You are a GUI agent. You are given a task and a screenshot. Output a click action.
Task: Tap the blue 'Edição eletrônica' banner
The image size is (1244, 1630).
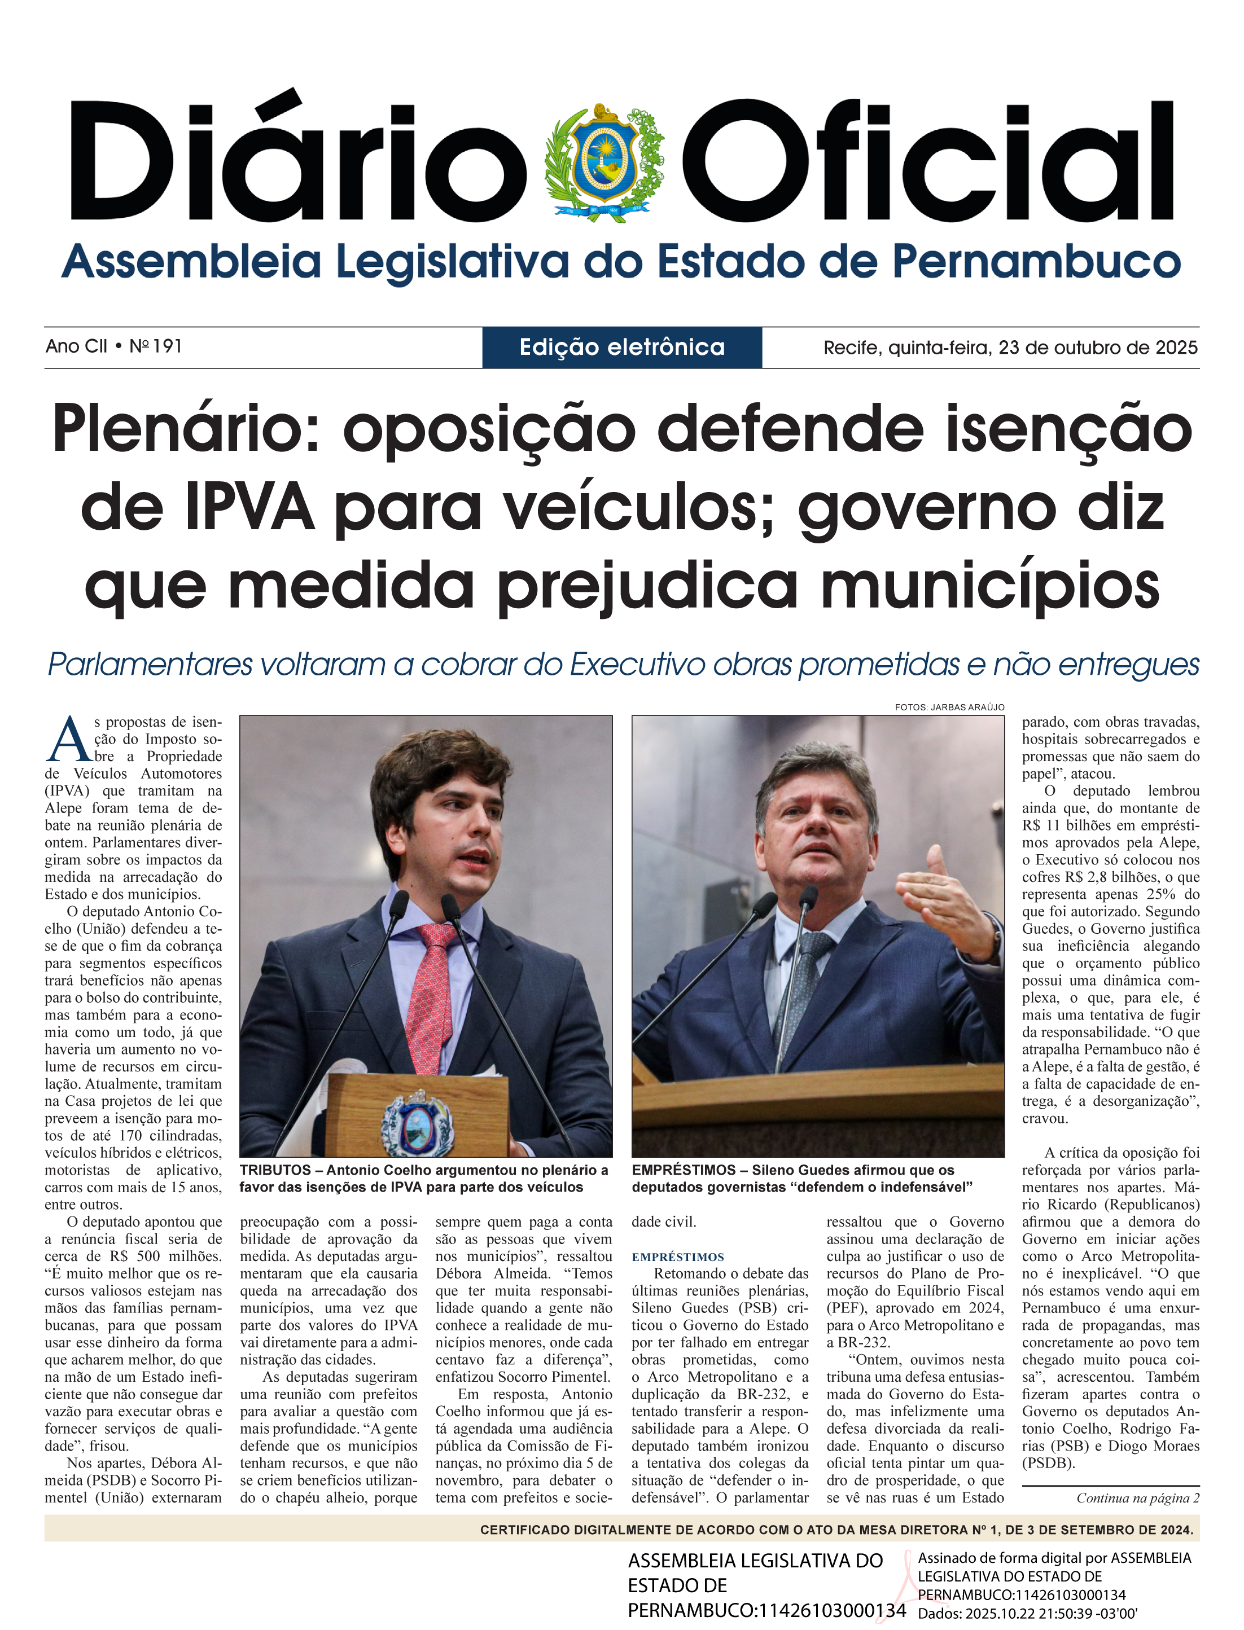pos(622,347)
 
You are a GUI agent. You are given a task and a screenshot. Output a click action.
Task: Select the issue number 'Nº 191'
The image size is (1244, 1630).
pos(156,346)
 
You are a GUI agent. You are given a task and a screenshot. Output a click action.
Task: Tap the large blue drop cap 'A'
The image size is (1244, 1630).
pos(68,740)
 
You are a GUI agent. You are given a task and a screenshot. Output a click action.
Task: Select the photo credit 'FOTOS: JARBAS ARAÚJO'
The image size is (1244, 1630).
pos(949,707)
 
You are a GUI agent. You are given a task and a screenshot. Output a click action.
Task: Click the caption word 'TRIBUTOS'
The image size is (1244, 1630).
pos(275,1170)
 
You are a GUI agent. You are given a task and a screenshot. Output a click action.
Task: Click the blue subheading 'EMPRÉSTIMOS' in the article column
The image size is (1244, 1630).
pos(677,1257)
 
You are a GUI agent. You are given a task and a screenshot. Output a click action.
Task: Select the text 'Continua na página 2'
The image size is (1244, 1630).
pos(1137,1498)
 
